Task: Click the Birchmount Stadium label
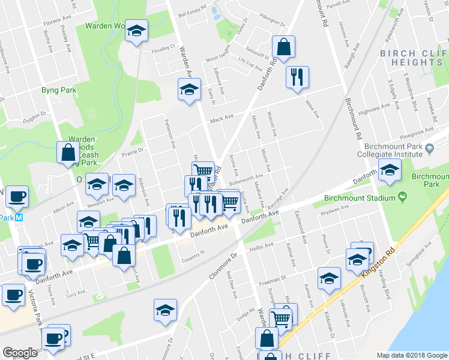click(360, 198)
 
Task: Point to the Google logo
click(20, 353)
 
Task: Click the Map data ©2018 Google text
click(411, 355)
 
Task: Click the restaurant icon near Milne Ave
click(297, 77)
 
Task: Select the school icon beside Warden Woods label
click(137, 30)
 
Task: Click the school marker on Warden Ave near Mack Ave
click(189, 90)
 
